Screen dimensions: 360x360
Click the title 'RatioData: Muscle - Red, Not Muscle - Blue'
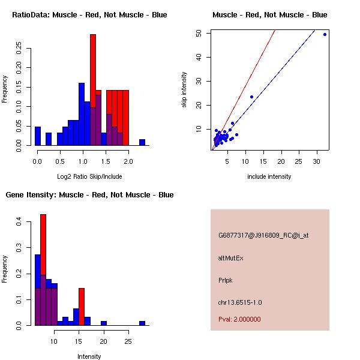tap(89, 15)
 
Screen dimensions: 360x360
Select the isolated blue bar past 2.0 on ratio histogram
tap(142, 142)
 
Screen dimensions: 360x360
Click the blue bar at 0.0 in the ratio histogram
tap(38, 136)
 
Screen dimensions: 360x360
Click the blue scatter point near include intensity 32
tap(325, 34)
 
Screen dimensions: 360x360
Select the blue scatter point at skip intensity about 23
tap(251, 97)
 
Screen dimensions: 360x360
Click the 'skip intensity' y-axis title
tap(184, 90)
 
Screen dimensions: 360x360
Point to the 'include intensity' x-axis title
tap(269, 176)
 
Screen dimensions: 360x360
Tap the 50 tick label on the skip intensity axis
tap(198, 34)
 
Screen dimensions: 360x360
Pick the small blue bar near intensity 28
tap(142, 323)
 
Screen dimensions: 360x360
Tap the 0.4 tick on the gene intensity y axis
tap(19, 222)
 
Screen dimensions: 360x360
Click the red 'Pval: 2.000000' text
tap(239, 319)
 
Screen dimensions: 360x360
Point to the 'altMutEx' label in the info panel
tap(231, 258)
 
